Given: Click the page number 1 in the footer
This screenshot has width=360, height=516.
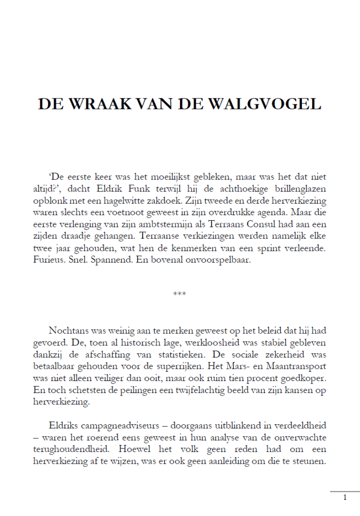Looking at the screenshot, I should click(345, 498).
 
